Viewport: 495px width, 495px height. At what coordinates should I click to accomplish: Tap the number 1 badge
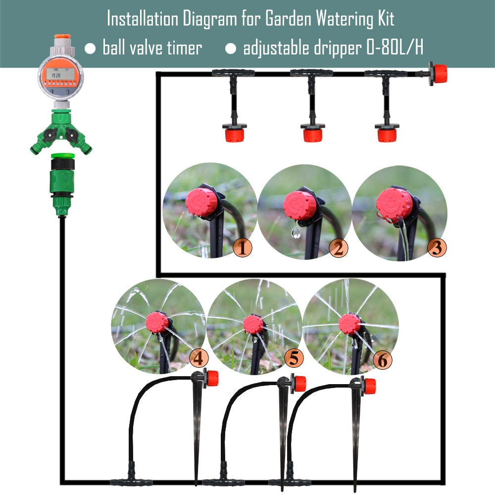242,247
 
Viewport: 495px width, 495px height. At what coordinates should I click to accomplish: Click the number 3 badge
436,247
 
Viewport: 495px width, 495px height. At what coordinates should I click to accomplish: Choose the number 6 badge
382,360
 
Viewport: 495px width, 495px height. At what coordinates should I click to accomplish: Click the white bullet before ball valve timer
90,49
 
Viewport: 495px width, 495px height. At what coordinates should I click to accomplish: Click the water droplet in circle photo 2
296,233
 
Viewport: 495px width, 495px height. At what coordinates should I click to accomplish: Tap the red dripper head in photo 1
200,202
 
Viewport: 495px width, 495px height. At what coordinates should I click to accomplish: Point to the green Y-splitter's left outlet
39,146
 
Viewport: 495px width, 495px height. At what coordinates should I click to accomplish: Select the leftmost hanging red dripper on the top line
234,134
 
